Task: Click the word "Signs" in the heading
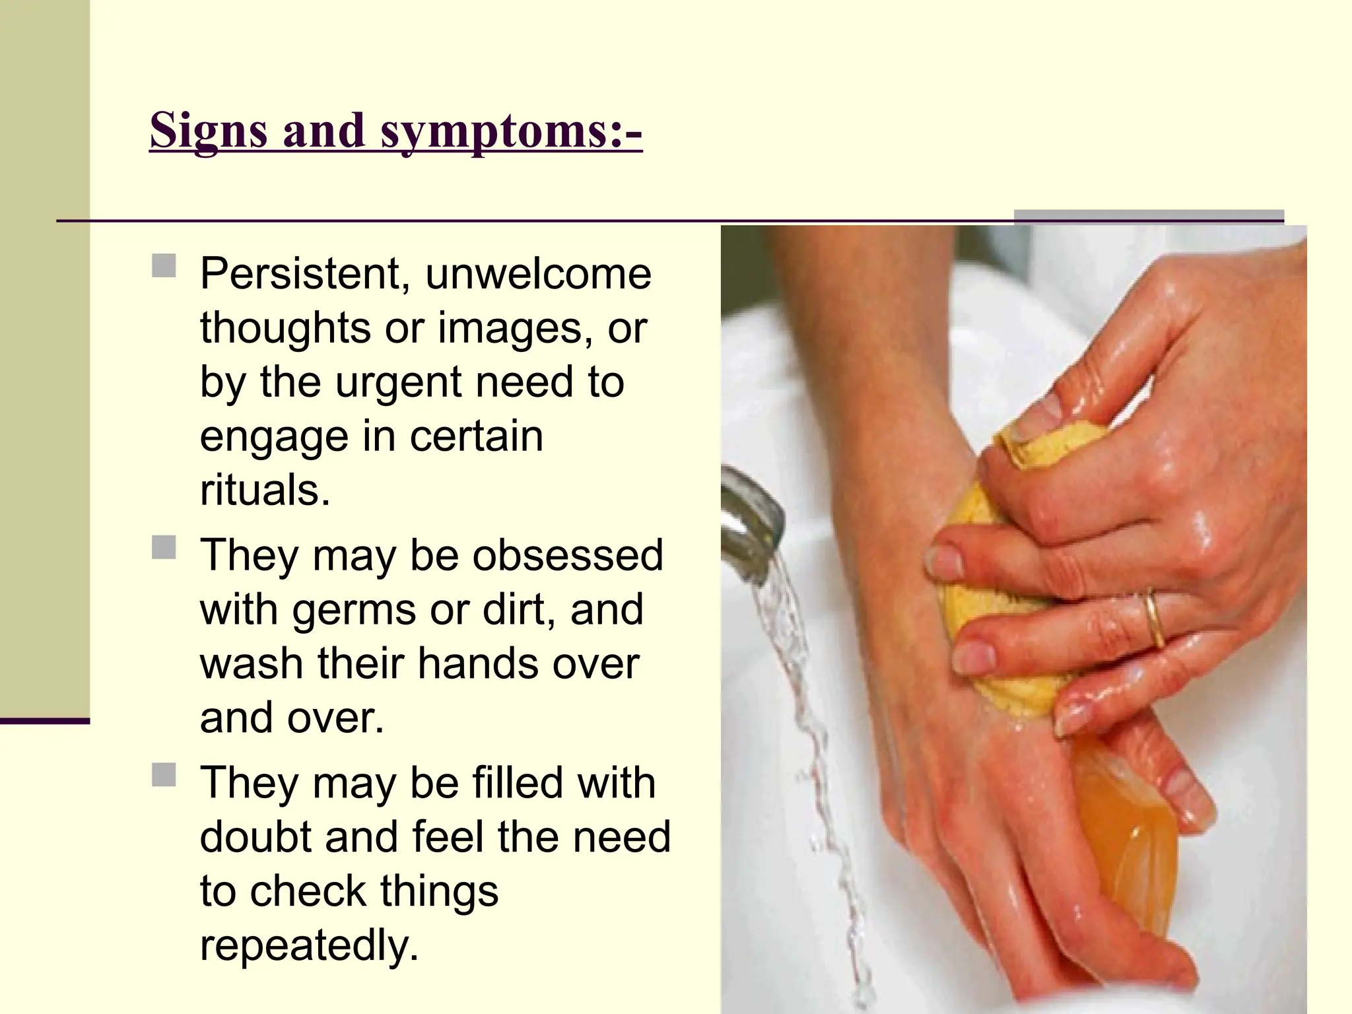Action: tap(208, 130)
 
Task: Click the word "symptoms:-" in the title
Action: tap(511, 130)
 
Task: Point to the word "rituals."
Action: tap(265, 490)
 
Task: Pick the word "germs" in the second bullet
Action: tap(354, 609)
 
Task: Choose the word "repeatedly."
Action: tap(310, 945)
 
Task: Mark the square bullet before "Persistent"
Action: tap(164, 266)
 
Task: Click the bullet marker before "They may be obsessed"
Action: tap(164, 547)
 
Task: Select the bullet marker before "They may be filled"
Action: tap(164, 775)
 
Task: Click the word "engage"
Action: tap(273, 437)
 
